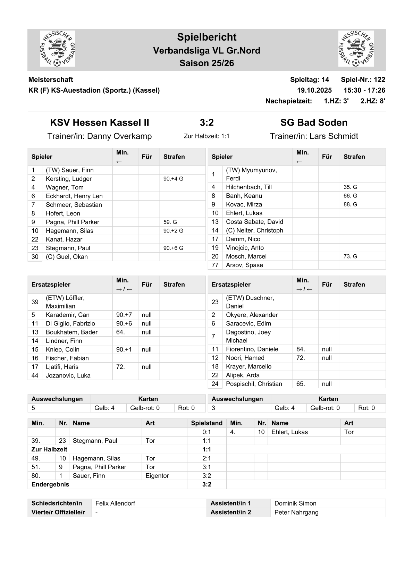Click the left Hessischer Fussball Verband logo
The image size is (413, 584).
click(58, 49)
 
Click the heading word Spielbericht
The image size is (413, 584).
click(206, 37)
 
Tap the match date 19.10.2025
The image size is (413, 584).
click(314, 90)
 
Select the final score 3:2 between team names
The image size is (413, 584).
click(206, 122)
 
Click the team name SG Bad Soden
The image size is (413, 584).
click(314, 122)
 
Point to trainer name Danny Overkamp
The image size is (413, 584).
click(119, 136)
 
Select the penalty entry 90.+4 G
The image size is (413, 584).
click(173, 179)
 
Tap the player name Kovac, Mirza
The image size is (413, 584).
click(244, 204)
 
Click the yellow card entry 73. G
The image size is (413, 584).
click(350, 256)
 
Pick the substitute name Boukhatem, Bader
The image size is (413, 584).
click(72, 332)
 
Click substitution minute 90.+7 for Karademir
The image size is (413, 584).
click(124, 315)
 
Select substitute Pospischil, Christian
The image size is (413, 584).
click(254, 384)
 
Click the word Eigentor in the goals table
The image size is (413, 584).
click(157, 476)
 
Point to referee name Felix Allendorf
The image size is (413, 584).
click(115, 503)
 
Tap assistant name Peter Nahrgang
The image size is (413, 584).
click(296, 512)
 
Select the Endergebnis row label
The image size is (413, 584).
click(50, 484)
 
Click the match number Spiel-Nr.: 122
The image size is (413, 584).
click(363, 79)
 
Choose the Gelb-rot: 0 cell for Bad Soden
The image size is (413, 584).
click(325, 408)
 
